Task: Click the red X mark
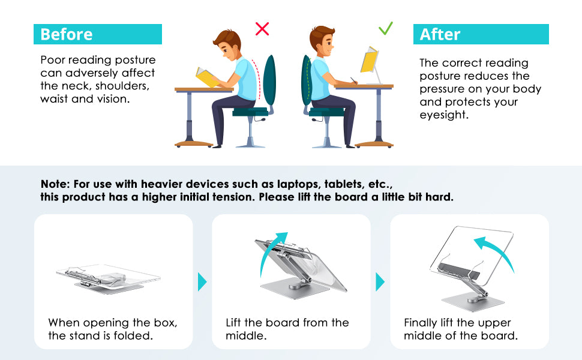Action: tap(262, 29)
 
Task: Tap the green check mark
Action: tap(386, 28)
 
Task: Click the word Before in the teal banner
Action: tap(67, 35)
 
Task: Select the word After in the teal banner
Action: tap(440, 35)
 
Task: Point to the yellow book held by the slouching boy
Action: tap(207, 77)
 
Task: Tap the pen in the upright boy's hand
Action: tap(353, 80)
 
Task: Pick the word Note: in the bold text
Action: tap(55, 184)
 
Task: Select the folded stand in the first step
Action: tap(108, 278)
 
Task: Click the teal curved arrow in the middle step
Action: tap(273, 253)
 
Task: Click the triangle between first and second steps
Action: tap(202, 281)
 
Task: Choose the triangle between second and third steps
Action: tap(380, 281)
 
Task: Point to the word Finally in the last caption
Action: tap(421, 323)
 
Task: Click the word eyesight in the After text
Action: tap(443, 115)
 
